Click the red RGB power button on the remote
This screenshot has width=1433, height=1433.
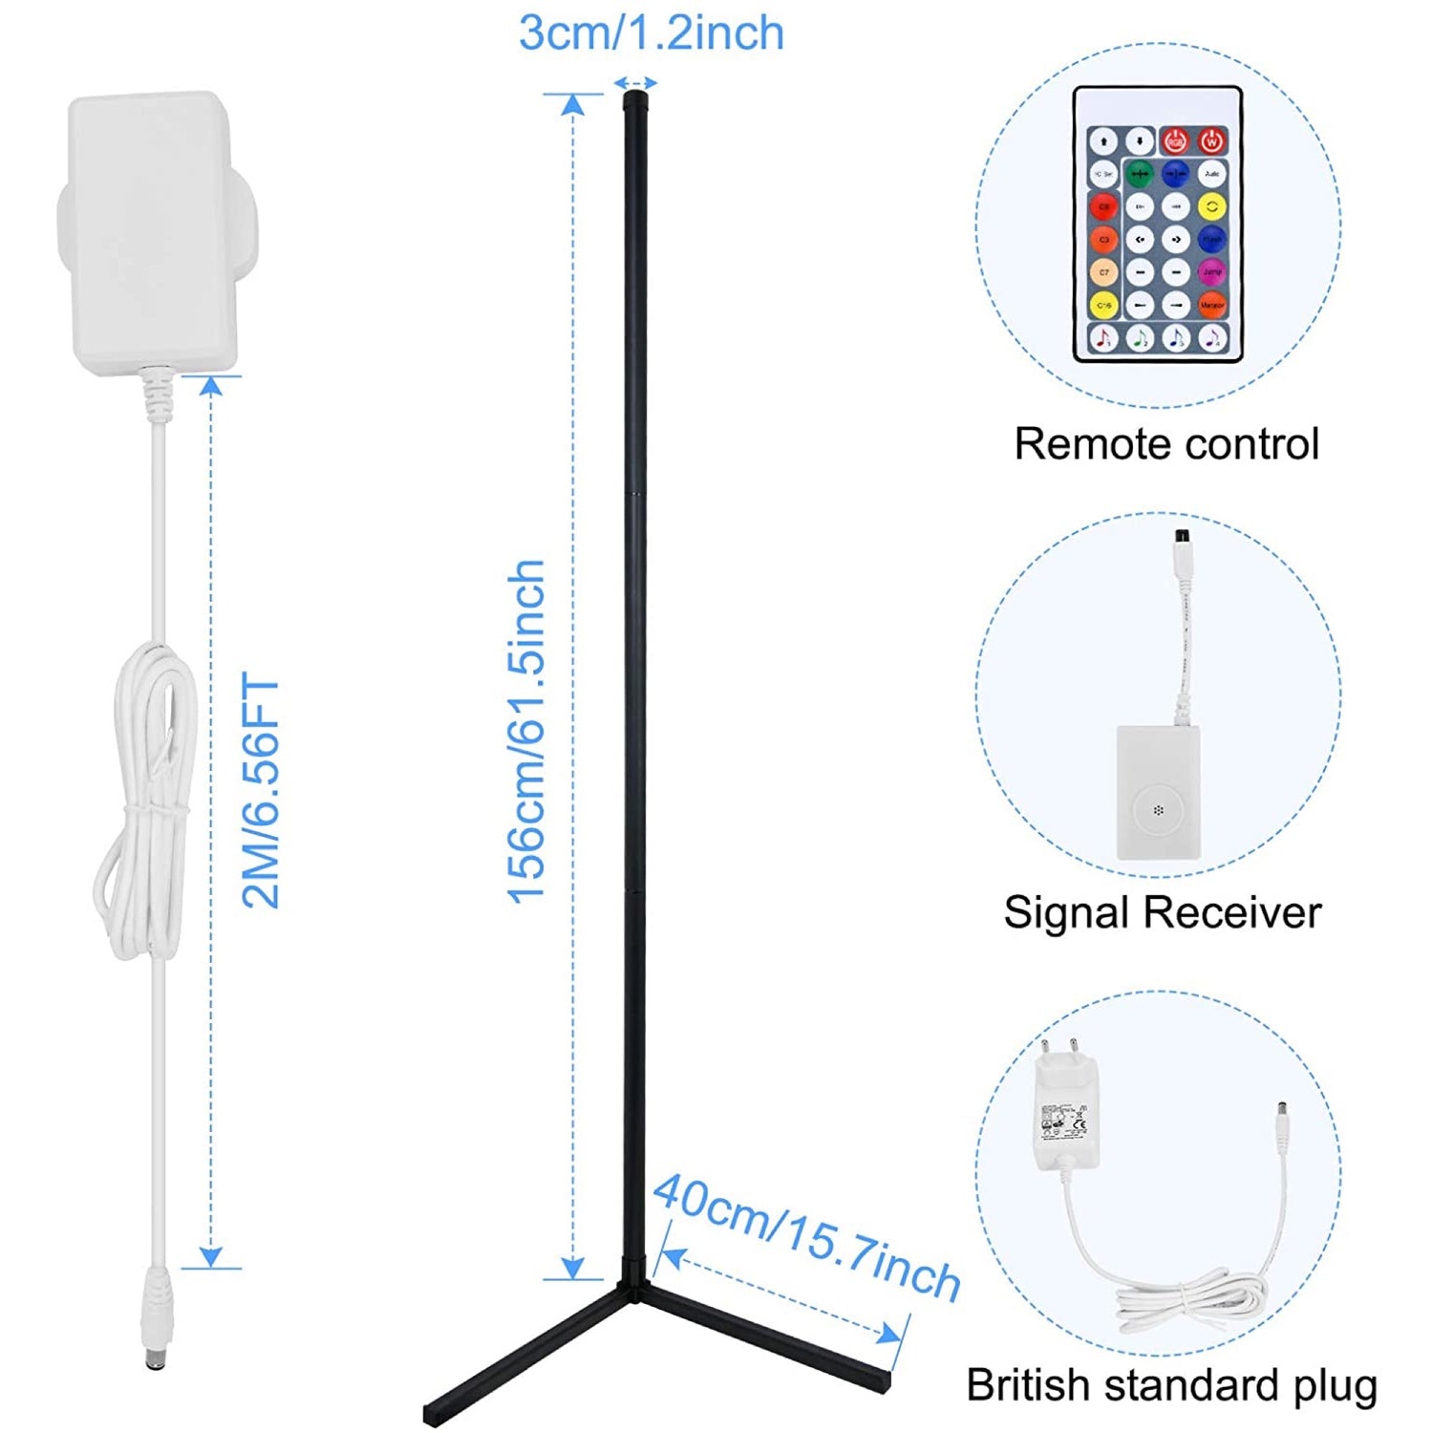[x=1175, y=141]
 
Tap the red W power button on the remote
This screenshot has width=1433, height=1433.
[x=1211, y=141]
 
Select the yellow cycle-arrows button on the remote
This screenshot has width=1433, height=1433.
[x=1211, y=205]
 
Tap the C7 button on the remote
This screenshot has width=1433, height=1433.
[x=1103, y=272]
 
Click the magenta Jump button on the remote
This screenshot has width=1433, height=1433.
[x=1211, y=272]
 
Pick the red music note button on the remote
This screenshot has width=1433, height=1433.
[x=1103, y=337]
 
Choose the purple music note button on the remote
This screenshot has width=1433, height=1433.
[x=1211, y=337]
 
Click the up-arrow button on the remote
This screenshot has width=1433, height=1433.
[x=1103, y=141]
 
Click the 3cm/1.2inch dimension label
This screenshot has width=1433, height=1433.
[x=652, y=33]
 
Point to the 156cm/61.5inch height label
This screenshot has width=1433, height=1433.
[x=525, y=732]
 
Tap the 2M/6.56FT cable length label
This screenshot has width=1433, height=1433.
[x=261, y=791]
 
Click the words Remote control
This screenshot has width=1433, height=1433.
[x=1166, y=444]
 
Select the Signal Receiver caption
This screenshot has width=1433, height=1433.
[x=1162, y=912]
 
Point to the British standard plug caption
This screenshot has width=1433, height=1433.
[x=1171, y=1385]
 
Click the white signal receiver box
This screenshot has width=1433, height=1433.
[x=1158, y=793]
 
